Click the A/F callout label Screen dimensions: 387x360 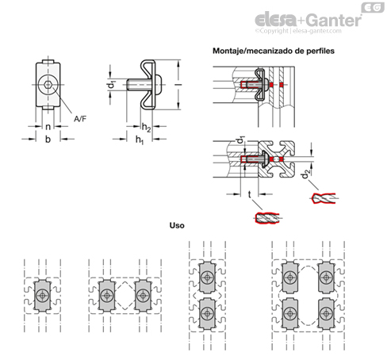80,119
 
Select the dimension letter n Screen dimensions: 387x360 48,127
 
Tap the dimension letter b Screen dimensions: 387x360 48,139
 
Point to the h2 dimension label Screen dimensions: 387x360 146,128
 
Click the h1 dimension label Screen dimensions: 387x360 140,140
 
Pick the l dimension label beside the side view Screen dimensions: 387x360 178,85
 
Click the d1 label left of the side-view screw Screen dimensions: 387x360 113,85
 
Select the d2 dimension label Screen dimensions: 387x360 306,174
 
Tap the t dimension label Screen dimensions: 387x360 249,194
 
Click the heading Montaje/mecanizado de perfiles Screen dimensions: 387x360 274,51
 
